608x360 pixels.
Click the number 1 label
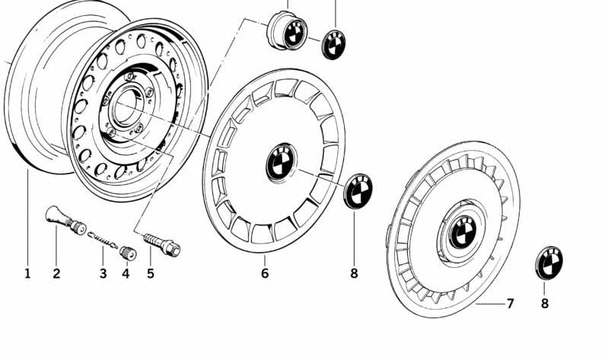[x=27, y=272]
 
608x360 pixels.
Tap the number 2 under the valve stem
[x=56, y=272]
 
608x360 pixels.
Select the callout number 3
[x=103, y=272]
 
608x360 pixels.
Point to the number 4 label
[x=126, y=272]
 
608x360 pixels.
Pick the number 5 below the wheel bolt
[x=150, y=272]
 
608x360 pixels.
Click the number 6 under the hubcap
[x=265, y=272]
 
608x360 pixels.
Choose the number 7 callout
[x=510, y=304]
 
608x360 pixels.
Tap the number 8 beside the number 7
[x=544, y=304]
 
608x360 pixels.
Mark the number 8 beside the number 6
[x=353, y=272]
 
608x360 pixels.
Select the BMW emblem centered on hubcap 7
[x=461, y=231]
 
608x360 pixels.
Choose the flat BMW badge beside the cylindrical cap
[x=333, y=43]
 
